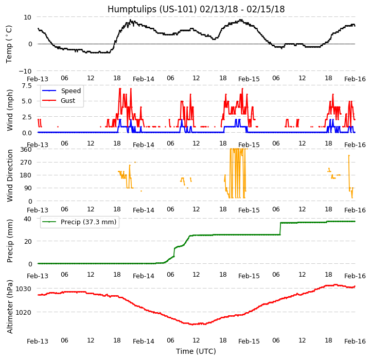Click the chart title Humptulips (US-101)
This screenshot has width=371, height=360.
196,9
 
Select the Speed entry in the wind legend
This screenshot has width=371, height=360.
70,91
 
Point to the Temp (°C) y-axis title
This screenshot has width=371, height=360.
9,44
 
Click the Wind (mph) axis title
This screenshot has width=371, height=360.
10,110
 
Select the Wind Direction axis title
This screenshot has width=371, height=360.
10,175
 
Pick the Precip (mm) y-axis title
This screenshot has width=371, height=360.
10,241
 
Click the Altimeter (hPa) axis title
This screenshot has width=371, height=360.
10,307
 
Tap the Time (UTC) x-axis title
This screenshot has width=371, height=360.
196,351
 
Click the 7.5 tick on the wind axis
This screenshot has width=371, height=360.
26,85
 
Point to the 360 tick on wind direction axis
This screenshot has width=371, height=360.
26,150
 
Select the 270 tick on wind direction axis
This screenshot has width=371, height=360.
26,163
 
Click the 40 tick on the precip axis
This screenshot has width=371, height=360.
28,219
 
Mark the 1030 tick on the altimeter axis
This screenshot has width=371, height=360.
24,289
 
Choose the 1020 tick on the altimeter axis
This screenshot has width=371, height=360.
24,312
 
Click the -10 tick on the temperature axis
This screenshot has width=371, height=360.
26,71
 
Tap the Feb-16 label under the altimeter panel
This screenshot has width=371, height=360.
355,341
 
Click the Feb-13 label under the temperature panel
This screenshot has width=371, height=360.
38,79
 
